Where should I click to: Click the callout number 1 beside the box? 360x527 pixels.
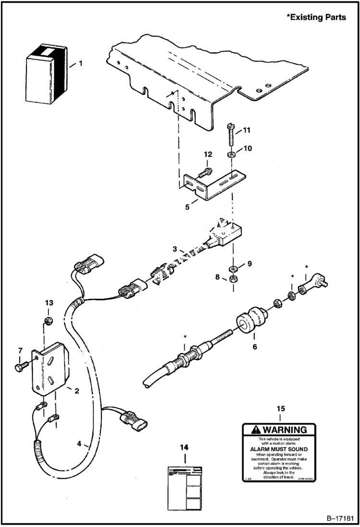tap(81, 63)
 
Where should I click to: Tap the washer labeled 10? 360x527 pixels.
tap(232, 155)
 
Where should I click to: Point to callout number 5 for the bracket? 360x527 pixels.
tap(187, 207)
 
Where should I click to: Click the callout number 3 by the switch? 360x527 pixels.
tap(175, 249)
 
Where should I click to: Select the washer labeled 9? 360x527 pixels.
tap(232, 268)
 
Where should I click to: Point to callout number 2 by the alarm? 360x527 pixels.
tap(76, 390)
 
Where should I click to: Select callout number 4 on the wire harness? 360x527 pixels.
tap(79, 444)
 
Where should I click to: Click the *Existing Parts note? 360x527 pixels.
tap(316, 17)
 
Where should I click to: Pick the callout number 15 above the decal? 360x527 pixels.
tap(281, 408)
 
